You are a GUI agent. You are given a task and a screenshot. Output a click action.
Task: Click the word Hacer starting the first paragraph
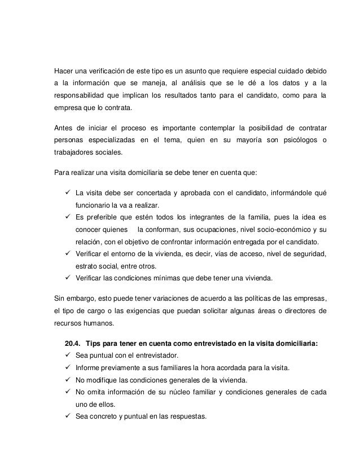coord(63,73)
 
